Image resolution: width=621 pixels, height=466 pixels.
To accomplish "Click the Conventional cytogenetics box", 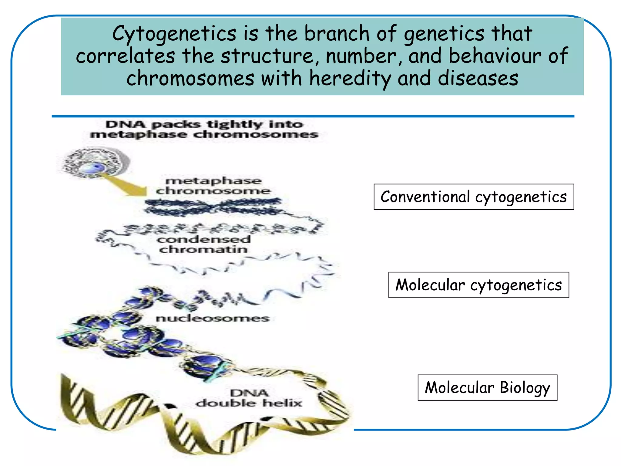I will pyautogui.click(x=474, y=197).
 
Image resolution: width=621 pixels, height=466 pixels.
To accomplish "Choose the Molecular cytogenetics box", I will pyautogui.click(x=478, y=285).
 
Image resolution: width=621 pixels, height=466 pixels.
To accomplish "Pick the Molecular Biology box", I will pyautogui.click(x=487, y=388).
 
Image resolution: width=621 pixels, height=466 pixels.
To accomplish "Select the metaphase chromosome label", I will pyautogui.click(x=213, y=186).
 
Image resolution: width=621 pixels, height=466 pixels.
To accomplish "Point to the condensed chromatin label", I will pyautogui.click(x=203, y=244).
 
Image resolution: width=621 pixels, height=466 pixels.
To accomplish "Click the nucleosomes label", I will pyautogui.click(x=212, y=318).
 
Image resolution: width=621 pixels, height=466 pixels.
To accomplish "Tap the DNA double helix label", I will pyautogui.click(x=249, y=398).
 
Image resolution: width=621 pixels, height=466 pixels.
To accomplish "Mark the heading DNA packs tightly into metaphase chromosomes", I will pyautogui.click(x=204, y=129).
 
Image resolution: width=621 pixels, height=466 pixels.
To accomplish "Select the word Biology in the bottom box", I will pyautogui.click(x=525, y=388).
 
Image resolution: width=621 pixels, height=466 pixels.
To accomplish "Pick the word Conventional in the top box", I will pyautogui.click(x=425, y=197).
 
